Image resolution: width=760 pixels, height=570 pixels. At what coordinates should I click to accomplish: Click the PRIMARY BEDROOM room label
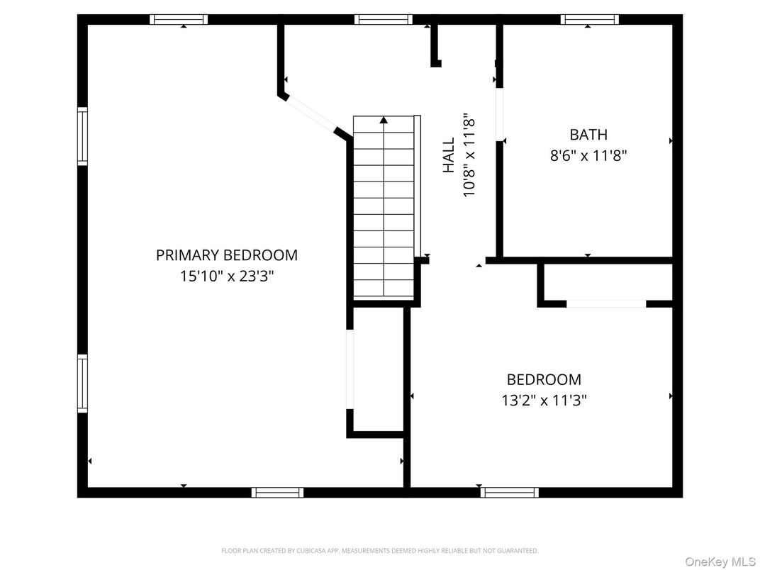(x=226, y=255)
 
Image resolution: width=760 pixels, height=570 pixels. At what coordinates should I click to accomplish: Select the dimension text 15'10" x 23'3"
(x=226, y=276)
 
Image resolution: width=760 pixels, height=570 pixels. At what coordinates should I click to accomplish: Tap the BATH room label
(x=588, y=134)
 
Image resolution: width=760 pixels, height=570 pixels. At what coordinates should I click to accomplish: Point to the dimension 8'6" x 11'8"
(x=588, y=155)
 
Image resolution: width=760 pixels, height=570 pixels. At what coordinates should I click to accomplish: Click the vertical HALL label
(x=449, y=155)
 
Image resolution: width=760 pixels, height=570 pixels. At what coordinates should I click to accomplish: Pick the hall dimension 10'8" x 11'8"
(x=469, y=155)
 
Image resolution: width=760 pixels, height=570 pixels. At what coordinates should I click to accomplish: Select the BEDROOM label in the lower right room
(x=544, y=379)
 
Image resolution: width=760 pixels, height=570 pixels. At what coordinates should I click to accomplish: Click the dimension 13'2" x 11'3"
(x=544, y=401)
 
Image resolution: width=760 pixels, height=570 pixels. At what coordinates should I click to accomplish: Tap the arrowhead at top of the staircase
(x=384, y=120)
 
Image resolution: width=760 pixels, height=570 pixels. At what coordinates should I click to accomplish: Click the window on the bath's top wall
(x=589, y=20)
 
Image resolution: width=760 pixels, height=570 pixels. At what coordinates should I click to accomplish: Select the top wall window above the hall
(x=384, y=20)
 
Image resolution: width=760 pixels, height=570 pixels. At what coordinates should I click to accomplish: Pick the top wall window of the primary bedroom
(x=179, y=20)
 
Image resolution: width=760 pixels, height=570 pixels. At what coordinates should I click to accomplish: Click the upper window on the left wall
(x=82, y=135)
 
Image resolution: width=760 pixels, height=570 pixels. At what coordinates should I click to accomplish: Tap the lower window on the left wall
(x=82, y=384)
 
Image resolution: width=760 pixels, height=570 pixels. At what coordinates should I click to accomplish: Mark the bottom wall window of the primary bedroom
(x=277, y=492)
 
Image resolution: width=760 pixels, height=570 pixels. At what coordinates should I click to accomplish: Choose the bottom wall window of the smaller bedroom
(x=509, y=492)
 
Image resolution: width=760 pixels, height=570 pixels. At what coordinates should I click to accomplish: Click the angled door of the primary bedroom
(x=310, y=113)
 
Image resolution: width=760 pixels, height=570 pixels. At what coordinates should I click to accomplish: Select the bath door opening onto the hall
(x=499, y=113)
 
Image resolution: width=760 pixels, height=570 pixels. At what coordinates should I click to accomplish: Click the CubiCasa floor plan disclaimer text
(x=380, y=550)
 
